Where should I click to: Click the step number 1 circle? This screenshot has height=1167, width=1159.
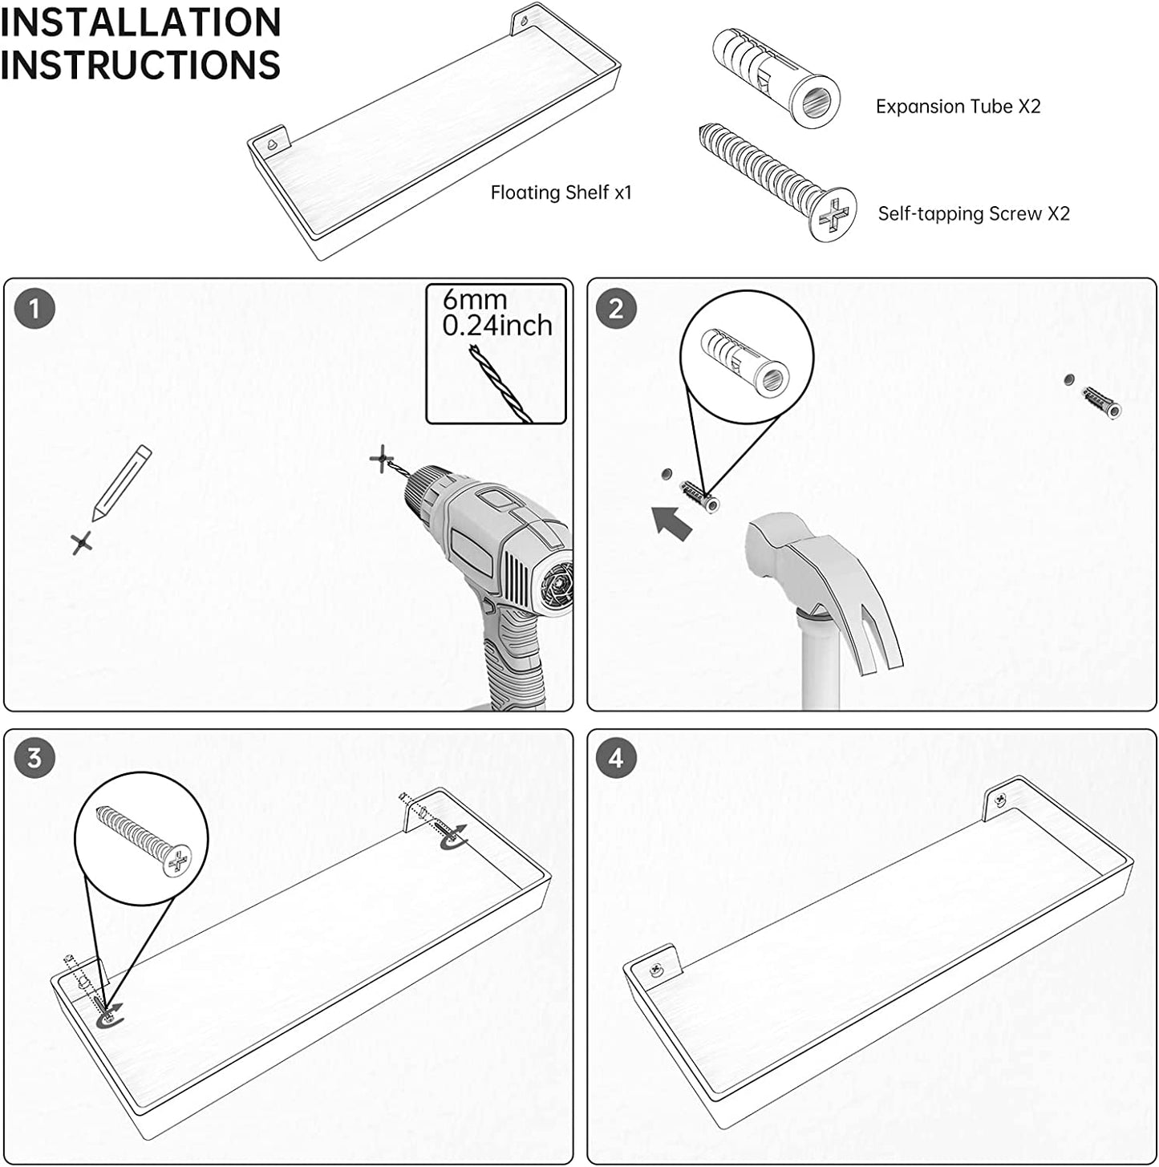(x=34, y=309)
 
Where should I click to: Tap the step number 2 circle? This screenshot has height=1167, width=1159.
(x=616, y=309)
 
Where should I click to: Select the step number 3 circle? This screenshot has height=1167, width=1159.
(x=34, y=758)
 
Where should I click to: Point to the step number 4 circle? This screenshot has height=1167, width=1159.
(x=616, y=758)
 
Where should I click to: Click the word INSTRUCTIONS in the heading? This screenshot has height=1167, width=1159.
(x=140, y=64)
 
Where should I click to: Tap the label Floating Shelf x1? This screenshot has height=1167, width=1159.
(x=561, y=192)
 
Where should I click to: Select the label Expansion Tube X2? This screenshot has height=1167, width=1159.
(x=958, y=107)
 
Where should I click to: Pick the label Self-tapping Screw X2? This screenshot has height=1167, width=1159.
(x=974, y=213)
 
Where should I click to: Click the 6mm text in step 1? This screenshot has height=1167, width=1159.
(x=474, y=299)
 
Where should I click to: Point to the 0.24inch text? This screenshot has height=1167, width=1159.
(x=497, y=326)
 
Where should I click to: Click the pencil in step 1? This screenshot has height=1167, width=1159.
(x=121, y=484)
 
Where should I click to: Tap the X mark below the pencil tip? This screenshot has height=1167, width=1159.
(x=82, y=543)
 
